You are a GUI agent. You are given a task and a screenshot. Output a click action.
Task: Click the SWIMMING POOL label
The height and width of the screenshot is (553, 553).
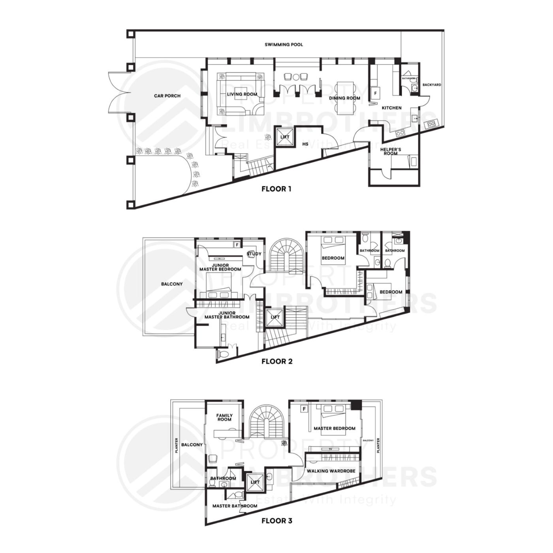point(284,45)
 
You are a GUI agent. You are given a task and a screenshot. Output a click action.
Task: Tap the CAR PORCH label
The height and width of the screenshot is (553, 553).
point(167,96)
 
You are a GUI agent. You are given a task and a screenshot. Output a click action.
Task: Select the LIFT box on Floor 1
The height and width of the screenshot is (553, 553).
point(285,137)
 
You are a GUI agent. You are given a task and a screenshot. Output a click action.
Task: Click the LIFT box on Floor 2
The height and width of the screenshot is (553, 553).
point(275,317)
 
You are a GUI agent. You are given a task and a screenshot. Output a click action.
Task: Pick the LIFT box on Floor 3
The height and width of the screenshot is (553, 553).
point(255,482)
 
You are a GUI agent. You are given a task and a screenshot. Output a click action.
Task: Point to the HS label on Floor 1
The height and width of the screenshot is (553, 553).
point(305,144)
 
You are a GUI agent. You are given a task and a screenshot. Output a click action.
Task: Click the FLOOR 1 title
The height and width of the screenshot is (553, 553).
point(276,189)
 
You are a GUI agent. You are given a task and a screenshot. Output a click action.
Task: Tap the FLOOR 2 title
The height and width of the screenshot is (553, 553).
point(276,361)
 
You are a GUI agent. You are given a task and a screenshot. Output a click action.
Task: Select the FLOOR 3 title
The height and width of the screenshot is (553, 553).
point(276,521)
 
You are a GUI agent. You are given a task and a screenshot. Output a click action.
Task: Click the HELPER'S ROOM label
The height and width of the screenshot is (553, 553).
point(390,151)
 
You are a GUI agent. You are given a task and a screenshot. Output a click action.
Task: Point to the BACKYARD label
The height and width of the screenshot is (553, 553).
point(432,85)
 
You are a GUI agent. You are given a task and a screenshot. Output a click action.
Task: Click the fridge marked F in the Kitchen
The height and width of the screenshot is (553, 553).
point(375,93)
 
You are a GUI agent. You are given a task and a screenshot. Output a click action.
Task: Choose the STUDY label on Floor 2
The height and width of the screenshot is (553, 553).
point(254,254)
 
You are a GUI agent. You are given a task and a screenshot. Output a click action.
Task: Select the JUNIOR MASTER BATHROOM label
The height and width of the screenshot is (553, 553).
point(227,315)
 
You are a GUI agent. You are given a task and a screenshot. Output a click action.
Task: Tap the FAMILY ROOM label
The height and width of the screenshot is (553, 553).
point(224,417)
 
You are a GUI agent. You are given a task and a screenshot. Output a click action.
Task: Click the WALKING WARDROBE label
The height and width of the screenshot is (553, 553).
point(331,471)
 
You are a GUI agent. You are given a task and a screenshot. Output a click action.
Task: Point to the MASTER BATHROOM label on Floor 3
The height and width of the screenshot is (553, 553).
point(235,506)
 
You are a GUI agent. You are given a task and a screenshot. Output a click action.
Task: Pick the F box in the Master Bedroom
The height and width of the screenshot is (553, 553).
point(305,409)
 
